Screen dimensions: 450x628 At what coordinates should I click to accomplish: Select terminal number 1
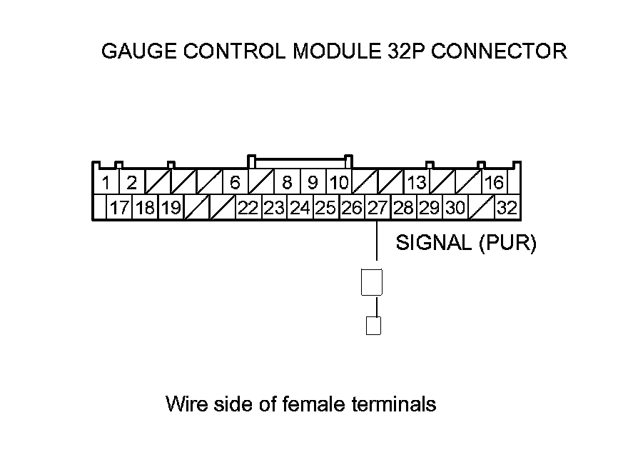(x=105, y=183)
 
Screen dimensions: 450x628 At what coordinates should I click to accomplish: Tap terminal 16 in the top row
(x=494, y=183)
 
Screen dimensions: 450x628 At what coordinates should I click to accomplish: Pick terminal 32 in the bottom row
(x=507, y=209)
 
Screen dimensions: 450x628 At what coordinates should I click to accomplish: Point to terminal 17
(x=119, y=209)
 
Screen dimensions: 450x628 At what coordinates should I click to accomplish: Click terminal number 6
(x=235, y=183)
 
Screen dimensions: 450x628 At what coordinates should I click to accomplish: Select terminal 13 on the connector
(x=416, y=183)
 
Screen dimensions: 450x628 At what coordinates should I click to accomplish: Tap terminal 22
(x=248, y=209)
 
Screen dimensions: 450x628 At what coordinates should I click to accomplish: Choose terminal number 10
(x=338, y=183)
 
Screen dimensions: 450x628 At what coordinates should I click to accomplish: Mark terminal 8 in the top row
(x=287, y=183)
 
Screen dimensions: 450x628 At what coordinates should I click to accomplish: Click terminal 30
(x=455, y=209)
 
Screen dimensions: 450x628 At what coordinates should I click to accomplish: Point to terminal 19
(x=170, y=209)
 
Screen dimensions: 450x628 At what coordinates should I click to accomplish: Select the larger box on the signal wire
(x=373, y=282)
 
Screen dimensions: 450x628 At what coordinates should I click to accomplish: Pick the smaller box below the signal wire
(x=373, y=326)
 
